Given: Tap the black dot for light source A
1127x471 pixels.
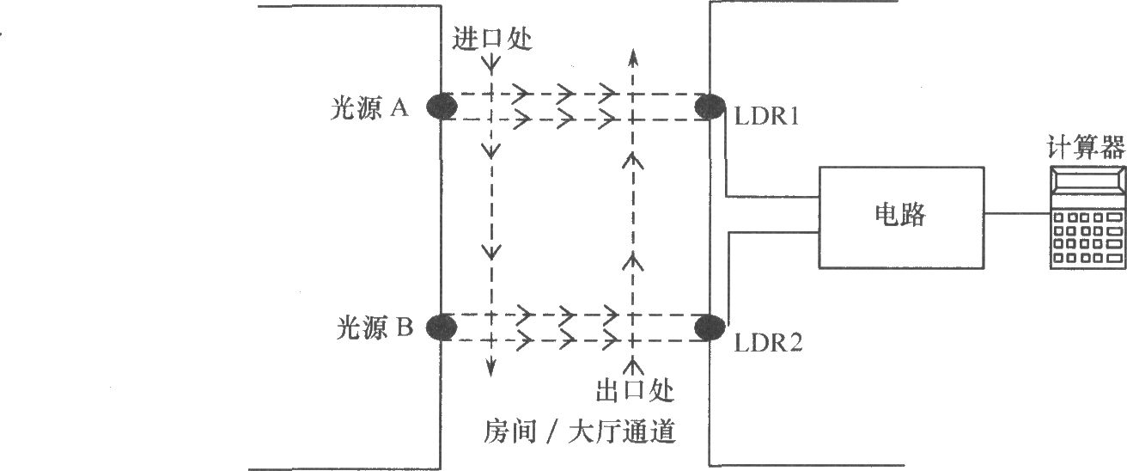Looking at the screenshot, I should point(442,107).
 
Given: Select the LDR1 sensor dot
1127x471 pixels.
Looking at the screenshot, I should point(710,107).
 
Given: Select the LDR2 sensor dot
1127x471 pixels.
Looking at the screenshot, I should point(710,327).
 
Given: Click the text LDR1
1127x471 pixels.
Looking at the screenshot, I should point(767,115).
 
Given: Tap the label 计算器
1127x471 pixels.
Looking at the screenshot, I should point(1086,148).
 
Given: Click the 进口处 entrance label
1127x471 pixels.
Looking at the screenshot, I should point(490,39).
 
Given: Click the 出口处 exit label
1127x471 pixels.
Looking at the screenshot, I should point(634,391).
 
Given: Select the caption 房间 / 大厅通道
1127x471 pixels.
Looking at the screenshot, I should point(581,431).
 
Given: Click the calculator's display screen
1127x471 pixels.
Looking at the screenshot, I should point(1087,181).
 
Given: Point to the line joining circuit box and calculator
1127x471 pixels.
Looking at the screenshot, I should point(1018,214).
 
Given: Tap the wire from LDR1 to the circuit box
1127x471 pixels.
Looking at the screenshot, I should point(727,172).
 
